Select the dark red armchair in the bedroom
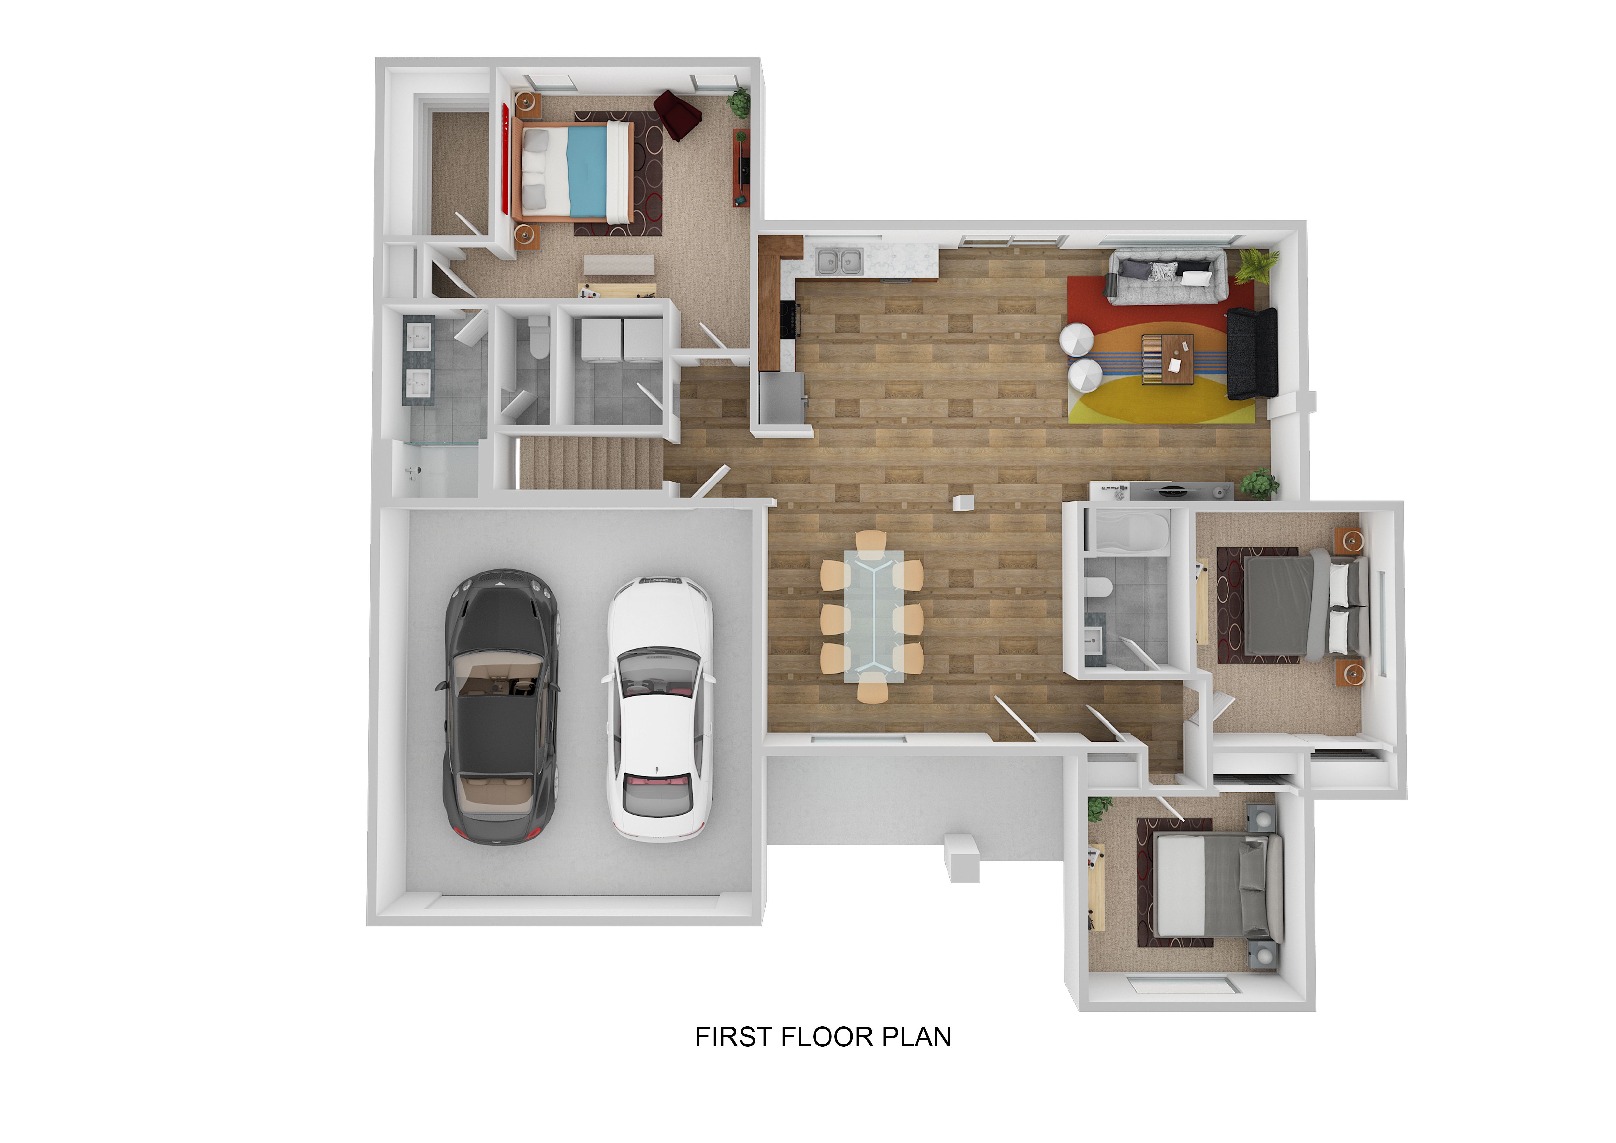(676, 115)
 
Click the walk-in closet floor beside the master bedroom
(459, 172)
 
